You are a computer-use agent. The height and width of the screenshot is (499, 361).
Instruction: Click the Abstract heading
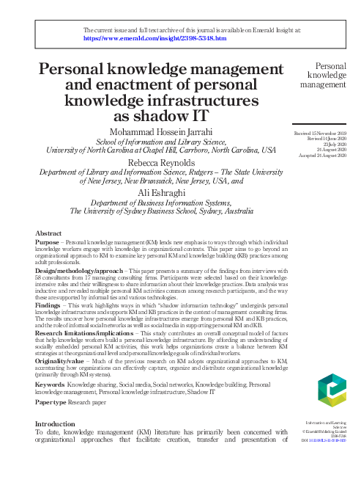click(x=48, y=233)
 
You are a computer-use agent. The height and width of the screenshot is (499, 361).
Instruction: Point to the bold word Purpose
click(x=48, y=241)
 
